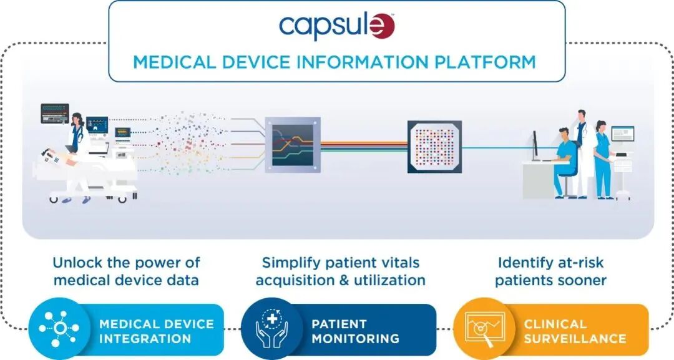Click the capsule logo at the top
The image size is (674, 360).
click(x=337, y=27)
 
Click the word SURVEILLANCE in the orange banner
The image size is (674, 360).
click(x=575, y=339)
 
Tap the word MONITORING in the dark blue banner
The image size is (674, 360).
click(x=355, y=339)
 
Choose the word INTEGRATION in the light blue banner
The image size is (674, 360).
click(x=145, y=339)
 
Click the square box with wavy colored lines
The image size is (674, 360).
click(x=293, y=145)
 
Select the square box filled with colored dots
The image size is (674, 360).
click(x=434, y=147)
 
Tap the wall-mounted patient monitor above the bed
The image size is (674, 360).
click(x=54, y=113)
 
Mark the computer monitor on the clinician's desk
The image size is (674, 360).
click(x=536, y=145)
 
